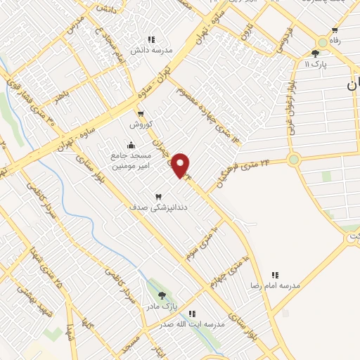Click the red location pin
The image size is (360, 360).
(x=181, y=165)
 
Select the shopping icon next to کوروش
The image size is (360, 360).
(x=141, y=115)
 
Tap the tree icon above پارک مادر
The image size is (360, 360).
(x=162, y=296)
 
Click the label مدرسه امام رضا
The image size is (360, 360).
(x=275, y=285)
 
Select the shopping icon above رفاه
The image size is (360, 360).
(x=335, y=30)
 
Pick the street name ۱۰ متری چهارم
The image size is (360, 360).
(x=229, y=271)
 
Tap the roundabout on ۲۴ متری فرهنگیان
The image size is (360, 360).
(x=293, y=160)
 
